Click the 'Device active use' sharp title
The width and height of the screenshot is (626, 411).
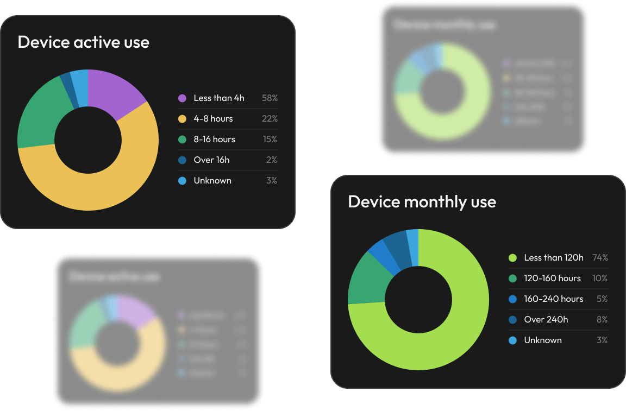[83, 42]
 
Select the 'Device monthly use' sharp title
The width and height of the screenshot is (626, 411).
[422, 202]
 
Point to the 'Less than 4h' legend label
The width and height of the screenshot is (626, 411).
[219, 98]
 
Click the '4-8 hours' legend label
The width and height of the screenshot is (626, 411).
[213, 119]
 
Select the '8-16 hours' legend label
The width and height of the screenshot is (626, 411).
[214, 140]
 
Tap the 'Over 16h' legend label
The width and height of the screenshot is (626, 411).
[211, 160]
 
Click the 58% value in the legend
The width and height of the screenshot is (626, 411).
[270, 98]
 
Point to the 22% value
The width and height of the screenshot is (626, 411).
[270, 119]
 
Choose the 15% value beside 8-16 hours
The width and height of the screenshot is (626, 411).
[270, 140]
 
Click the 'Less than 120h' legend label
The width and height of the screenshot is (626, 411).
[553, 258]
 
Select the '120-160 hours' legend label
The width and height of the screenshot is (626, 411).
[552, 279]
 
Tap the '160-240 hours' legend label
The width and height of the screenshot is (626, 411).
[553, 299]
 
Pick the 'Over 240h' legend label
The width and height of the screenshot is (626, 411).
[546, 320]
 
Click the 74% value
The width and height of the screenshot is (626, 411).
[600, 258]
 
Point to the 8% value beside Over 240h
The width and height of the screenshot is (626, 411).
[602, 320]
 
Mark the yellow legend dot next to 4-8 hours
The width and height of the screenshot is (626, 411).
[182, 119]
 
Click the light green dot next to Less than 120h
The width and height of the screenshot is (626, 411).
[512, 258]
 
